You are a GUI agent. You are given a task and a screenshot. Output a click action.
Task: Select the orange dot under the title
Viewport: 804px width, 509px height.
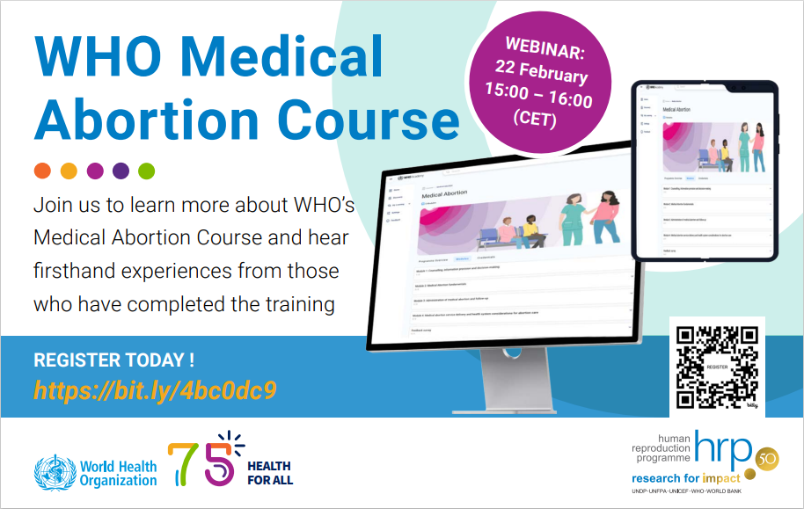[x=42, y=171]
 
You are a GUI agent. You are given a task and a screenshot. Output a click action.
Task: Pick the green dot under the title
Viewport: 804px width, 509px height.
[x=146, y=171]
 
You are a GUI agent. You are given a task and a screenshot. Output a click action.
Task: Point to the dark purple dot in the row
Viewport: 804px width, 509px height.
[x=121, y=171]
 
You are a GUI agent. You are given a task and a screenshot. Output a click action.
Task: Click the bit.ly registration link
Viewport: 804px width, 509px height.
[x=156, y=389]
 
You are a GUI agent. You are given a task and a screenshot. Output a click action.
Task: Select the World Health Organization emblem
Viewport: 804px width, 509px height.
[x=52, y=473]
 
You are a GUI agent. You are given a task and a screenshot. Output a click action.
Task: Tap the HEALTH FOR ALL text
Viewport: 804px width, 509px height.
[x=270, y=473]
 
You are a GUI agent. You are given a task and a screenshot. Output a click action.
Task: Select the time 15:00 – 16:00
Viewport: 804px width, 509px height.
[x=538, y=92]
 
